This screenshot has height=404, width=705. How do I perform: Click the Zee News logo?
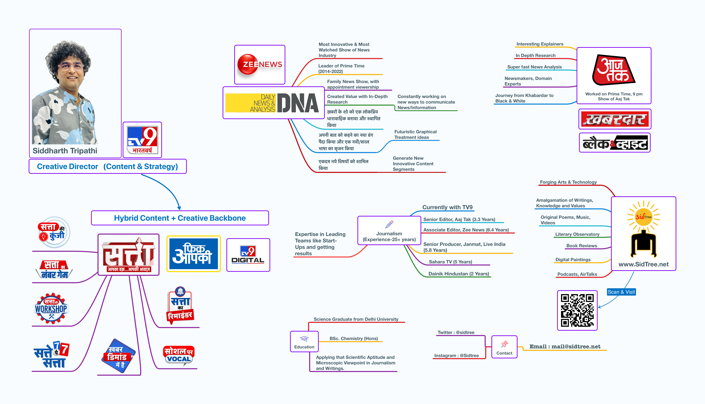pos(260,65)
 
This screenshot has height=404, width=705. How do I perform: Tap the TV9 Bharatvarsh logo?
pos(142,140)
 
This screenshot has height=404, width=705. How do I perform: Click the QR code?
pos(577,310)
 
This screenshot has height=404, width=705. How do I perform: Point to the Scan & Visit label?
pos(621,292)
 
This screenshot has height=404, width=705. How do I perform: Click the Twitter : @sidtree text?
pos(456,332)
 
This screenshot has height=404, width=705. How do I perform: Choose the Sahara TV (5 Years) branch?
pos(450,262)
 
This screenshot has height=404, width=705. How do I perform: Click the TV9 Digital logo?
pos(248,255)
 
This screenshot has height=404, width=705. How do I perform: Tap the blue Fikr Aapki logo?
pos(193,254)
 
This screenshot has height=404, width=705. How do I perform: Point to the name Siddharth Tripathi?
pos(65,151)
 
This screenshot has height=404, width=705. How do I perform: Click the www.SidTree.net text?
pos(643,264)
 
